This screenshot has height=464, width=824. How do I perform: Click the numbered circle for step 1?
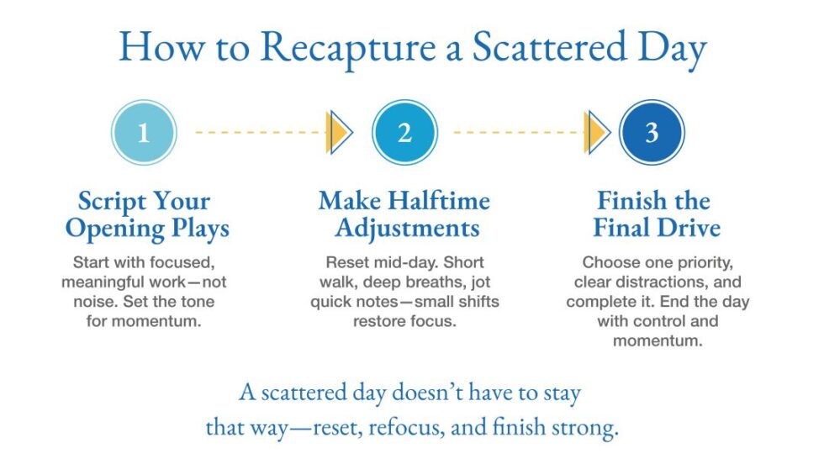(x=144, y=133)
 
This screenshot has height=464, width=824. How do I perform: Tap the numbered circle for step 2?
(x=404, y=133)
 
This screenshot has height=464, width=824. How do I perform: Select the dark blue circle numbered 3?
(x=652, y=133)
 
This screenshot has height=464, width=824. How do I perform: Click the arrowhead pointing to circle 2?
(x=339, y=133)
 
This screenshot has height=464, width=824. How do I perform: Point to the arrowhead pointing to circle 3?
(x=598, y=133)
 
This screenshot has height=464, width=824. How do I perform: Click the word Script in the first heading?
(x=110, y=202)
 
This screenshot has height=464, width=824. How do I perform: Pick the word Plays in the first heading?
(x=195, y=229)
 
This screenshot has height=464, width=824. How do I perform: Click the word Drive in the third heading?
(x=688, y=229)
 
